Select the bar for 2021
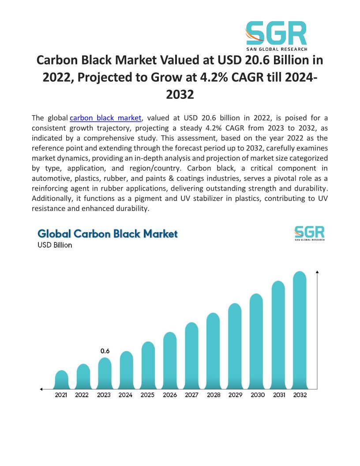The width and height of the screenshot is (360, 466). pyautogui.click(x=61, y=380)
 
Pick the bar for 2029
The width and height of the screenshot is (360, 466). pyautogui.click(x=235, y=346)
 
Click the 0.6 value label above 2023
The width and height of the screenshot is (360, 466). pyautogui.click(x=105, y=351)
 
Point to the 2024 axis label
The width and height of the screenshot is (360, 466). pyautogui.click(x=126, y=395)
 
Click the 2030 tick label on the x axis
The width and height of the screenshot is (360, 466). pyautogui.click(x=257, y=395)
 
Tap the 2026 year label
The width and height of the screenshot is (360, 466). pyautogui.click(x=170, y=395)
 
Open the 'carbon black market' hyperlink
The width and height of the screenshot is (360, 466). pyautogui.click(x=106, y=118)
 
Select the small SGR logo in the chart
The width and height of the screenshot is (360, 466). pyautogui.click(x=309, y=233)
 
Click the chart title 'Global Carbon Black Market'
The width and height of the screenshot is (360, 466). pyautogui.click(x=108, y=233)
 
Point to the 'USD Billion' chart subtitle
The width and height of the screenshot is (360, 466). pyautogui.click(x=55, y=245)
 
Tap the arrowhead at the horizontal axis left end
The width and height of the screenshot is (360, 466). pyautogui.click(x=41, y=389)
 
